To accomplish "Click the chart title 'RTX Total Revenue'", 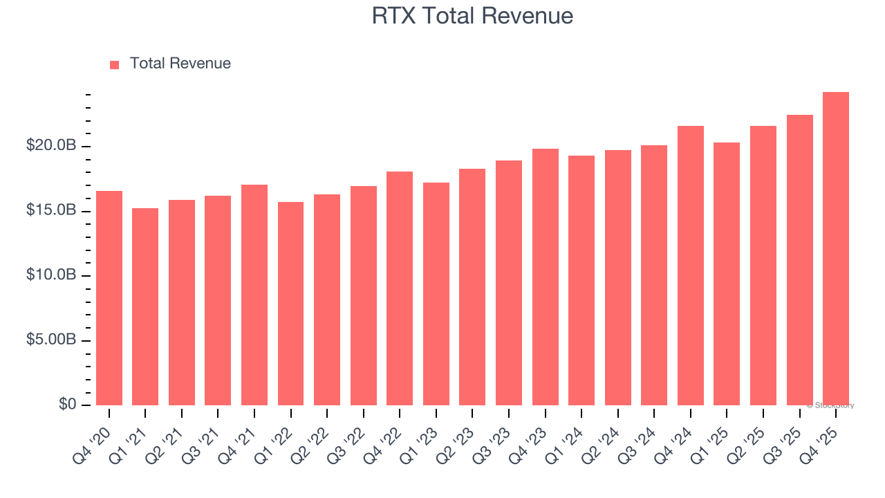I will [x=472, y=15].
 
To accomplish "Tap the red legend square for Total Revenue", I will [x=115, y=64].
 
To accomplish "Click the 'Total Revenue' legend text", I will [x=180, y=64].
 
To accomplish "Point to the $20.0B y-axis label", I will [x=51, y=146].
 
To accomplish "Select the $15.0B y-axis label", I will [x=51, y=210].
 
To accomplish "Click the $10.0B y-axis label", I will [x=51, y=275].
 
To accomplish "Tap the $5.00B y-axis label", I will [x=51, y=340].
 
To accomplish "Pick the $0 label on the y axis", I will [x=67, y=404].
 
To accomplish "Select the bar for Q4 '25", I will [x=835, y=249].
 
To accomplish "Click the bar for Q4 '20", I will [x=109, y=298].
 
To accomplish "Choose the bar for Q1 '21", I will [x=145, y=306].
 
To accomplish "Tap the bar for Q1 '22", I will [x=290, y=304].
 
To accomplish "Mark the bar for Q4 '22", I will [x=400, y=288].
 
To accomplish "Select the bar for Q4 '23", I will [x=545, y=277].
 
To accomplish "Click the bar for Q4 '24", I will [x=690, y=266].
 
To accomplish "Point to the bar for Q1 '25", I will [x=727, y=274].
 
